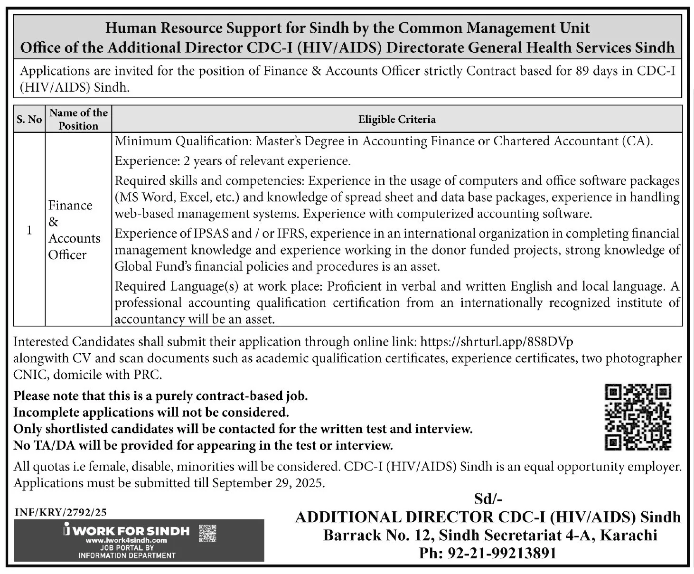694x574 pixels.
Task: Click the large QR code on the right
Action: coord(638,417)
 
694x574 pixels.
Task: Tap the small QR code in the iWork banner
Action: coord(207,533)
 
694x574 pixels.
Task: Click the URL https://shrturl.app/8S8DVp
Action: coord(497,342)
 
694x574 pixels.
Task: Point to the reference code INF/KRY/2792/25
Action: coord(61,512)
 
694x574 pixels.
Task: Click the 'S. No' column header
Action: coord(29,119)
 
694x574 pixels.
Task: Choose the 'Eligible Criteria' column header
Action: coord(397,119)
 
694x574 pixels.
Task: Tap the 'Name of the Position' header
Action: coord(79,119)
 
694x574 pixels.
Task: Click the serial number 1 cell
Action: coord(29,230)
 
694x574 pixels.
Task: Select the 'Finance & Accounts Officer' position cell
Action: coord(74,230)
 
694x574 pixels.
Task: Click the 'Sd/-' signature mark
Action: coord(488,499)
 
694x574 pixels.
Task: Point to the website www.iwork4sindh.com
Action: coord(126,540)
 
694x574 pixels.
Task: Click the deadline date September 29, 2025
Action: coord(268,483)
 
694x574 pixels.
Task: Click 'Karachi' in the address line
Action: coord(628,536)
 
